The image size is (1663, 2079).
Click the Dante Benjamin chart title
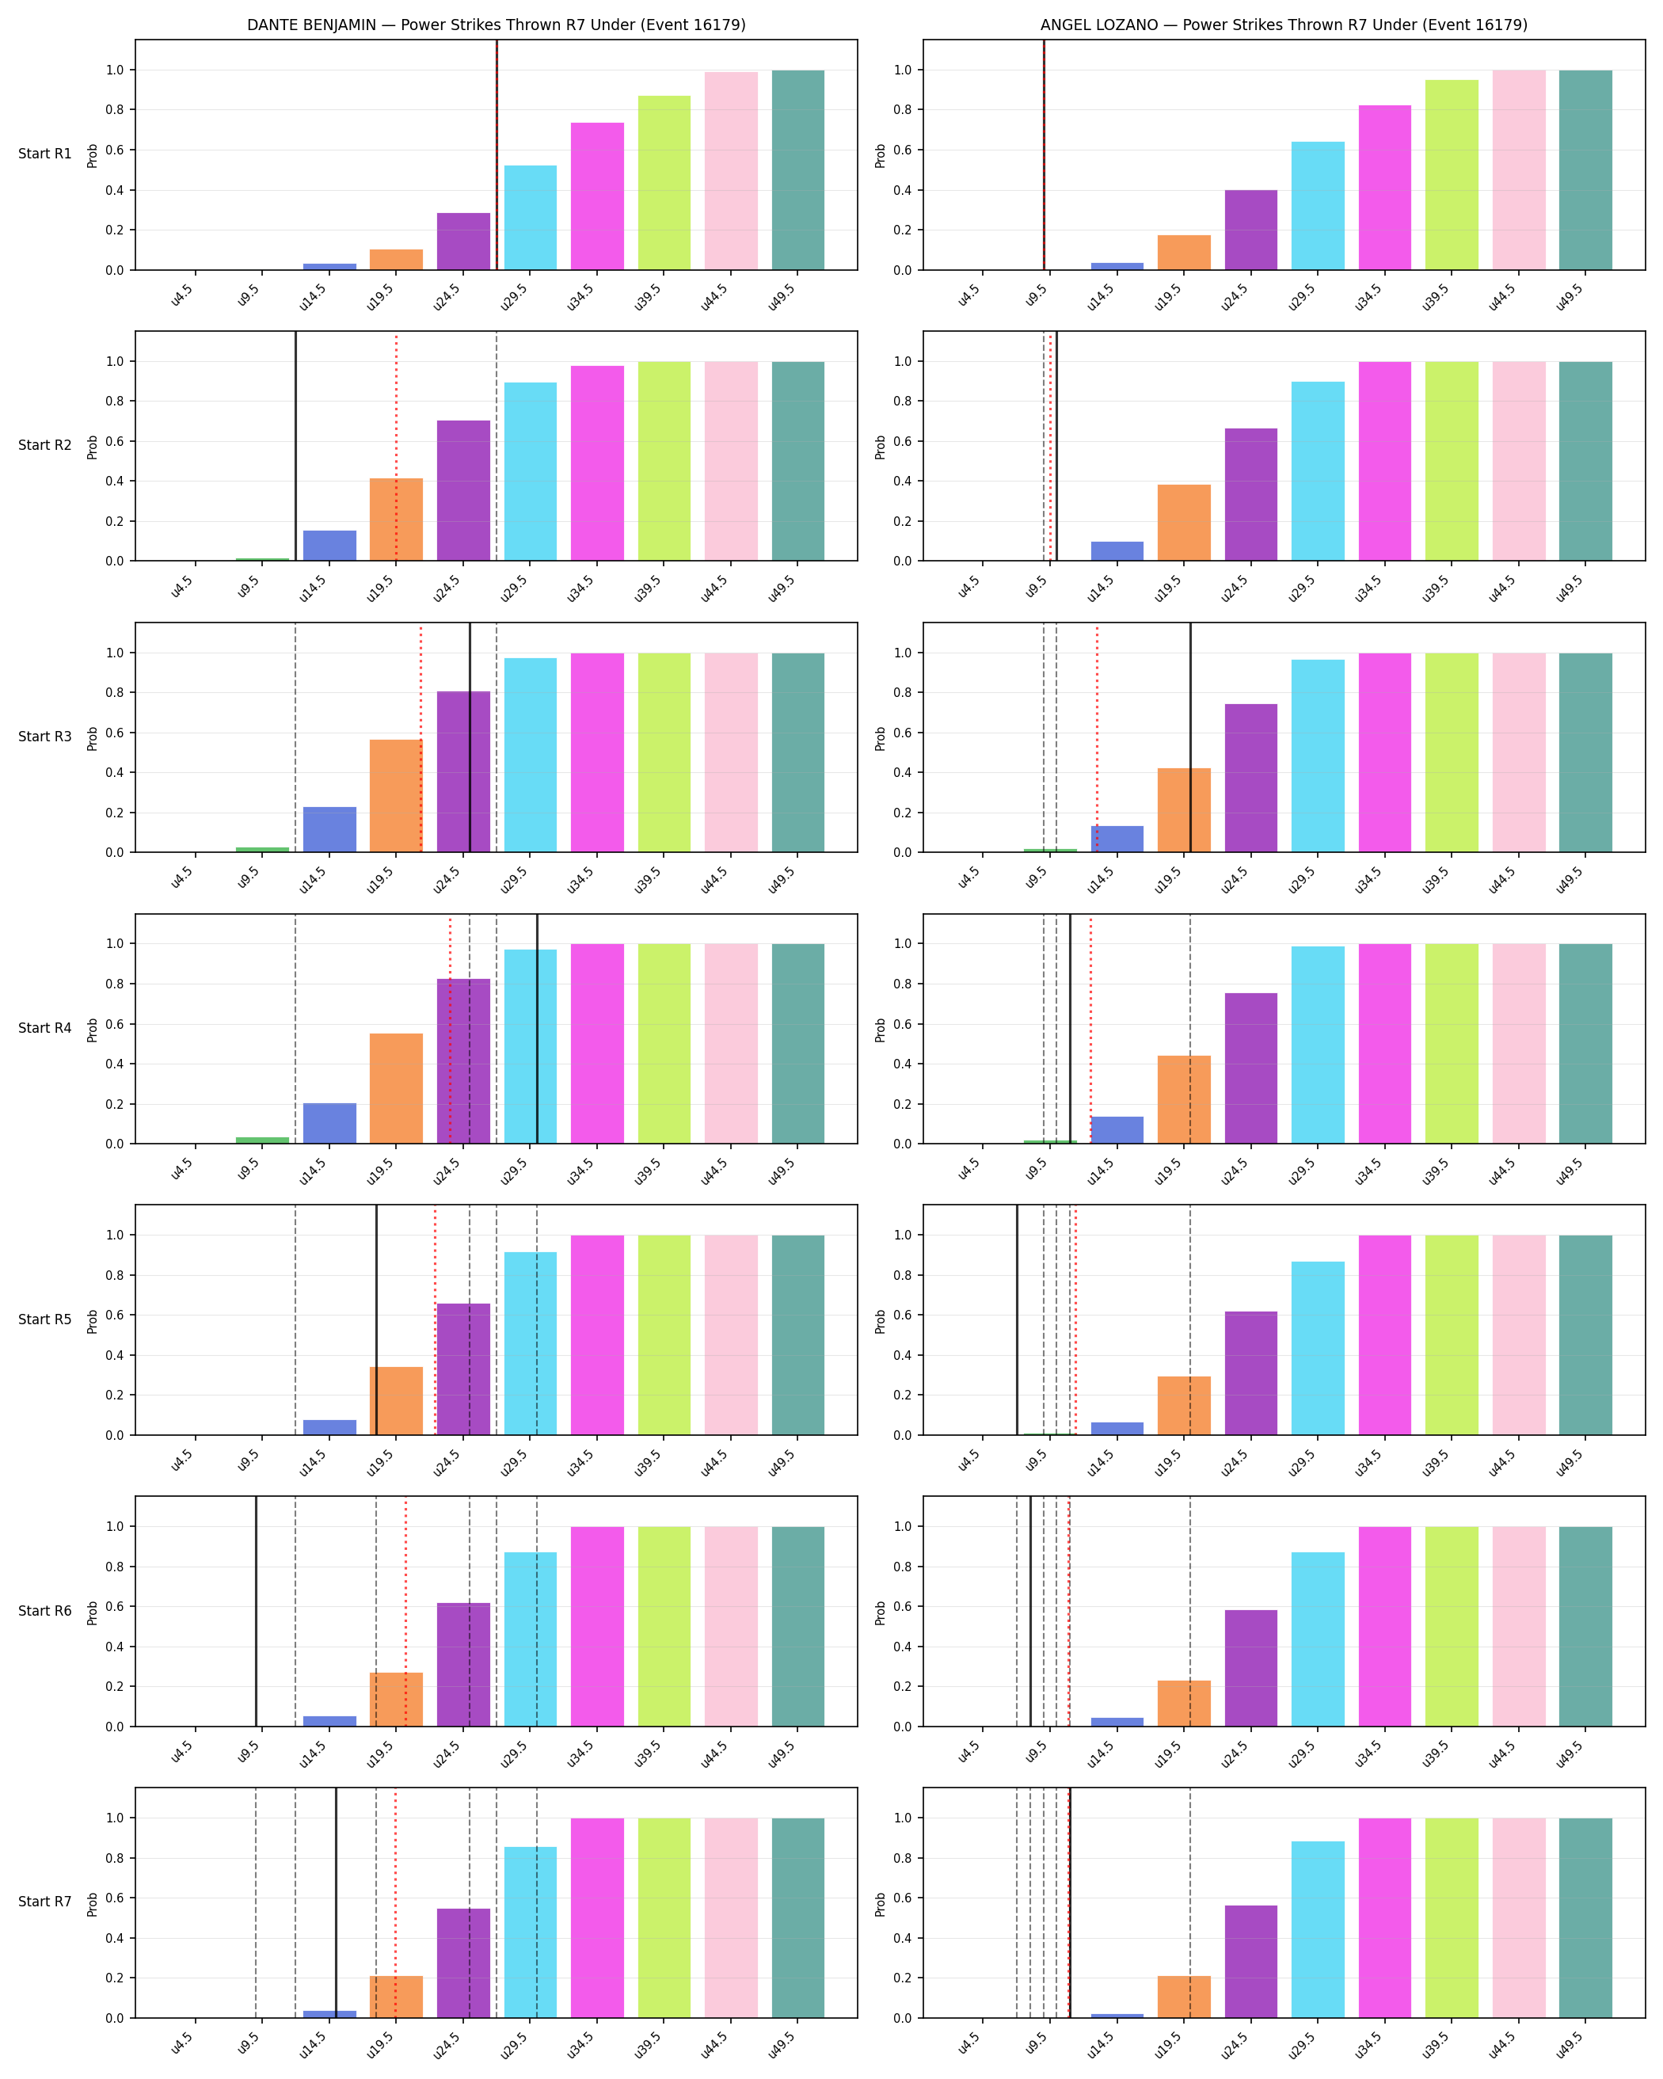[497, 25]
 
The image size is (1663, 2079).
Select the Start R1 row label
[45, 154]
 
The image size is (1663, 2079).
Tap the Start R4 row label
[45, 1028]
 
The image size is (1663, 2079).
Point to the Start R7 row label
[45, 1902]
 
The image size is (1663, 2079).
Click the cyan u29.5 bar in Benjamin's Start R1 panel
[531, 218]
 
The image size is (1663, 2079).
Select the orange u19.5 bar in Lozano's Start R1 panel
[1184, 253]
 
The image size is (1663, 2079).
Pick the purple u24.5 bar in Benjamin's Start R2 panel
[464, 491]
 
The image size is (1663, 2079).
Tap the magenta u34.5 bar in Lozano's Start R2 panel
[1384, 461]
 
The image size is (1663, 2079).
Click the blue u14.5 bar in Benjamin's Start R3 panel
[329, 829]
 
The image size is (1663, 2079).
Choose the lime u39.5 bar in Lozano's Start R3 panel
[1452, 752]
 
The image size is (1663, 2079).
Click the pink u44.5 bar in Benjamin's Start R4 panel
[731, 1043]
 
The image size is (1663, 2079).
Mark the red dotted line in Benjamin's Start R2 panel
[396, 447]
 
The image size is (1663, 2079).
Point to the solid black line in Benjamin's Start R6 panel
[257, 1611]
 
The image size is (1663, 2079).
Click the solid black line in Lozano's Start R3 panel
[1190, 737]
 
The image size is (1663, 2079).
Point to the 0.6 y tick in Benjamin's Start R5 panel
[115, 1316]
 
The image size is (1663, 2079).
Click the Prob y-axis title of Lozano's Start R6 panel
[880, 1613]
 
